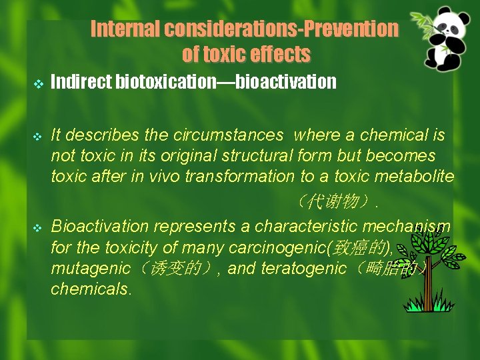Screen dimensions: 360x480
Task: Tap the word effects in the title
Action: pyautogui.click(x=281, y=54)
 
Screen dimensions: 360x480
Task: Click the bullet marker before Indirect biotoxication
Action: pyautogui.click(x=37, y=83)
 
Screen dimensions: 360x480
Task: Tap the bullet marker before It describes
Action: pyautogui.click(x=37, y=137)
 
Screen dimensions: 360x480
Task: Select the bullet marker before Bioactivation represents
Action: pyautogui.click(x=37, y=227)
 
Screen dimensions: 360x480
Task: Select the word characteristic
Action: pyautogui.click(x=309, y=227)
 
